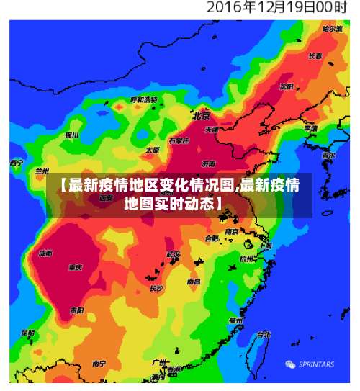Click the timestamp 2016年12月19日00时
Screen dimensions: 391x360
click(277, 8)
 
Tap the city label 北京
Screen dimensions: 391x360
click(201, 115)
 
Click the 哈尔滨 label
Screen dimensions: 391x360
click(332, 29)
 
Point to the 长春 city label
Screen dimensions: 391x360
click(315, 55)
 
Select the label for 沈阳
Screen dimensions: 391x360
click(287, 86)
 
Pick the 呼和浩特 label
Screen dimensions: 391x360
click(143, 99)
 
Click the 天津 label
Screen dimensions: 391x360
click(211, 130)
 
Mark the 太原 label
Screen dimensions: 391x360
click(153, 150)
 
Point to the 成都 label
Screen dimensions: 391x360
click(45, 253)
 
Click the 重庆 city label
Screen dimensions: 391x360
click(75, 267)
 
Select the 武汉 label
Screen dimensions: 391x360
click(174, 254)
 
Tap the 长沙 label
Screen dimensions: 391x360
click(156, 288)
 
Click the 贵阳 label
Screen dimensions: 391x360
click(77, 310)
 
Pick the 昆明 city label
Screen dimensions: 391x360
click(27, 333)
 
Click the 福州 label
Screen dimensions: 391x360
click(235, 320)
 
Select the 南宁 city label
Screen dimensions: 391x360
click(99, 364)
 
